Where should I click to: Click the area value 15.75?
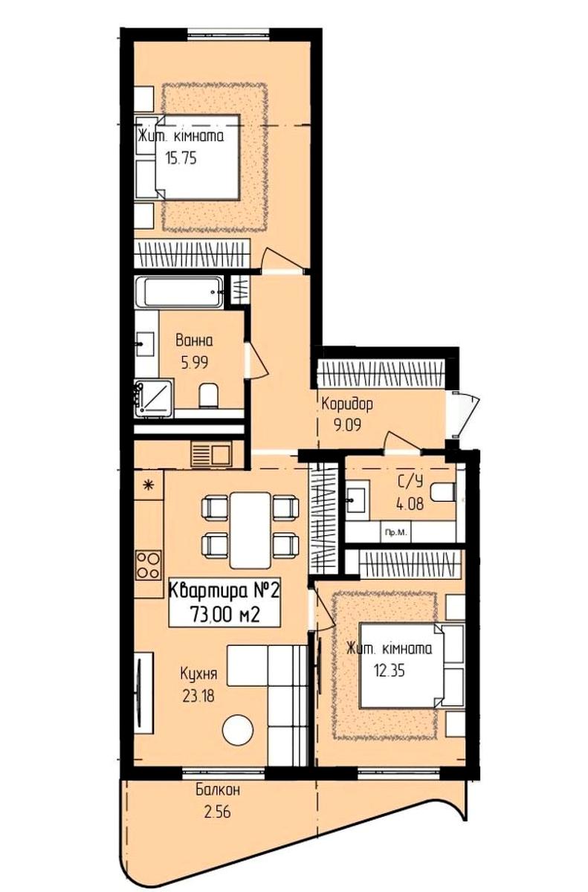[x=181, y=158]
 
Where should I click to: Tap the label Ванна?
[x=194, y=341]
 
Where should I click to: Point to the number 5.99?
[x=195, y=363]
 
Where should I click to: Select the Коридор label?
[x=347, y=404]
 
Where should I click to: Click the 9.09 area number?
[x=348, y=425]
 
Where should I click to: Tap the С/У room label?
[x=410, y=482]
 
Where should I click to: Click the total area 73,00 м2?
[x=225, y=615]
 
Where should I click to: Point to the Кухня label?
[x=198, y=674]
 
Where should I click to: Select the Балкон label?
[x=218, y=789]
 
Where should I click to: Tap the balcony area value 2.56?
[x=217, y=812]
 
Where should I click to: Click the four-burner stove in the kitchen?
[x=149, y=565]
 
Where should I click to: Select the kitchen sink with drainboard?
[x=211, y=453]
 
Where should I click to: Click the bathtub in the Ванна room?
[x=178, y=292]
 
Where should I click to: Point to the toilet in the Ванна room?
[x=209, y=395]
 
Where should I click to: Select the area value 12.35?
[x=390, y=670]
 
